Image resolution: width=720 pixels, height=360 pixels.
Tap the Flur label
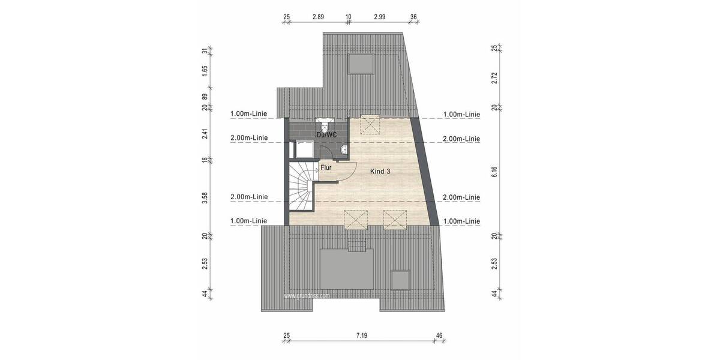coord(326,168)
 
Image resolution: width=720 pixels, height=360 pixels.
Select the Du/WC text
coord(326,135)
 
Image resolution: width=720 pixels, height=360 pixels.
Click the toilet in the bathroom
coord(325,125)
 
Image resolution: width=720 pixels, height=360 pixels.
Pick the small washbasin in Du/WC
coord(343,149)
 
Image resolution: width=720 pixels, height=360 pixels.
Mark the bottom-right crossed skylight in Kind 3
coord(395,220)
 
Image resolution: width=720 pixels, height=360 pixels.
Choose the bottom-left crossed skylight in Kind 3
coord(355,220)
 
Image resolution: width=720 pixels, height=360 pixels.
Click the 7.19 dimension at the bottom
coord(361,335)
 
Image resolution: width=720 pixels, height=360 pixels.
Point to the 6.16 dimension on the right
coord(494,172)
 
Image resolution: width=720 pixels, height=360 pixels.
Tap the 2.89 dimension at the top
coord(318,17)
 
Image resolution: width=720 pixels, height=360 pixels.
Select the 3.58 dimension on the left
coord(205,197)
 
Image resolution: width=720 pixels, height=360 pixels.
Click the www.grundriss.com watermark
coord(307,296)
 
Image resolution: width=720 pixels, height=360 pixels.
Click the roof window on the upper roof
coord(362,62)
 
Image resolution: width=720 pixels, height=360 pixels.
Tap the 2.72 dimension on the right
coord(494,77)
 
